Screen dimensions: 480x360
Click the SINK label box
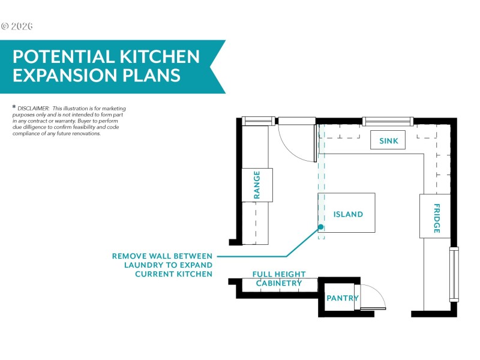[388, 140]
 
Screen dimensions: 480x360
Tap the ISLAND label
[348, 214]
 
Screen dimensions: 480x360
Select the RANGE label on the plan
[257, 185]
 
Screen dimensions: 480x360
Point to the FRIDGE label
[437, 218]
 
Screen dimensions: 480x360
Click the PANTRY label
[343, 298]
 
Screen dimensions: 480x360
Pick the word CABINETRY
[279, 283]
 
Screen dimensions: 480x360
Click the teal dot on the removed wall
[320, 227]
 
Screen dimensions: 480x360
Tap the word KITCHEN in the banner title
[159, 56]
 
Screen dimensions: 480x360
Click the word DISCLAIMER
[34, 109]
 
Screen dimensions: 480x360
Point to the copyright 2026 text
[17, 26]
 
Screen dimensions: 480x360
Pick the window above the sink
[388, 121]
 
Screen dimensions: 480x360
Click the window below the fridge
[454, 274]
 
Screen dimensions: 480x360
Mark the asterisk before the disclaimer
[14, 107]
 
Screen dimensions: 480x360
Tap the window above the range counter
[259, 121]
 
